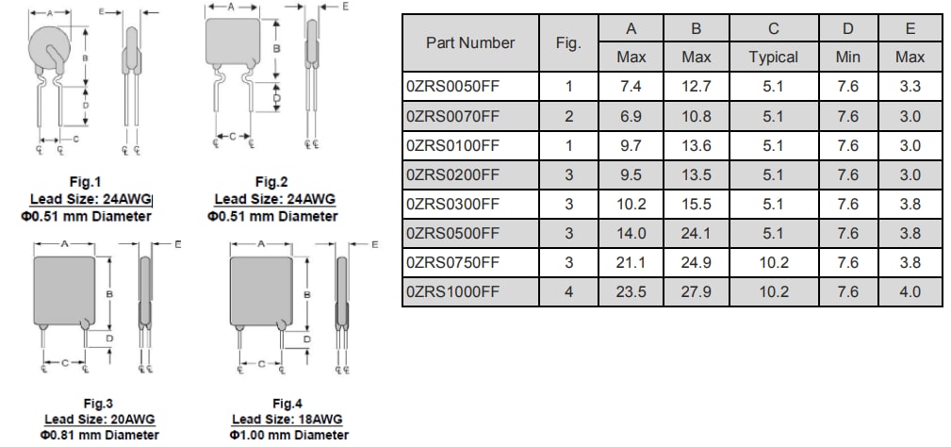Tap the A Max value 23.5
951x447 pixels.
pos(631,291)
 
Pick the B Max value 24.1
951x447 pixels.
pos(696,233)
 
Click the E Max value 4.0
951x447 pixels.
pos(910,291)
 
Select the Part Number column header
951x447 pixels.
pos(470,42)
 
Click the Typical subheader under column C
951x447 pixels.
pos(773,58)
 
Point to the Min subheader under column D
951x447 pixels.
pos(847,58)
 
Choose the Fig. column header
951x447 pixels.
pos(568,42)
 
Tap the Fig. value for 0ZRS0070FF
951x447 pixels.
pos(568,116)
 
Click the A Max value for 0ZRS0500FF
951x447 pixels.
pos(631,233)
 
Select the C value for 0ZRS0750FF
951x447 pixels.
pos(773,262)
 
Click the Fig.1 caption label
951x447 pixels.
pos(85,181)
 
